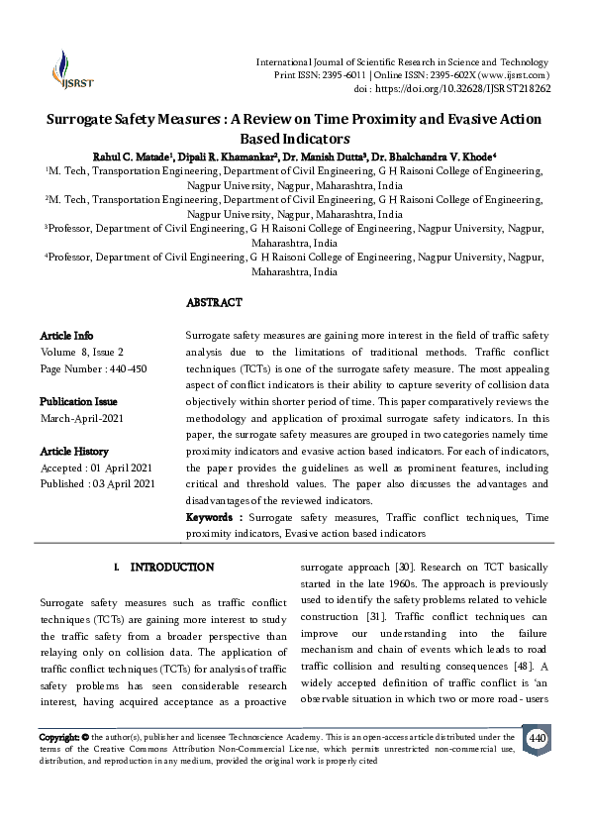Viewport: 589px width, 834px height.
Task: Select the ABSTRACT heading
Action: pyautogui.click(x=214, y=301)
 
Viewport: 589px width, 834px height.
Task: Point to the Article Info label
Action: pyautogui.click(x=67, y=336)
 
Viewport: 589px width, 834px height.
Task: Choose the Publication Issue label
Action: pyautogui.click(x=78, y=401)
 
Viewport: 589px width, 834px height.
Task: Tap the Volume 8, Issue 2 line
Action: pyautogui.click(x=82, y=352)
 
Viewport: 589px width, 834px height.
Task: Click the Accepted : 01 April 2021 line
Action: pyautogui.click(x=96, y=467)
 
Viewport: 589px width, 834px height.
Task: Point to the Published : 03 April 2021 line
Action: pyautogui.click(x=97, y=482)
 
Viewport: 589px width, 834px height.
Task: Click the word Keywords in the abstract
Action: pyautogui.click(x=213, y=517)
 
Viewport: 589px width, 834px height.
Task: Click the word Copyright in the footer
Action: pyautogui.click(x=59, y=738)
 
